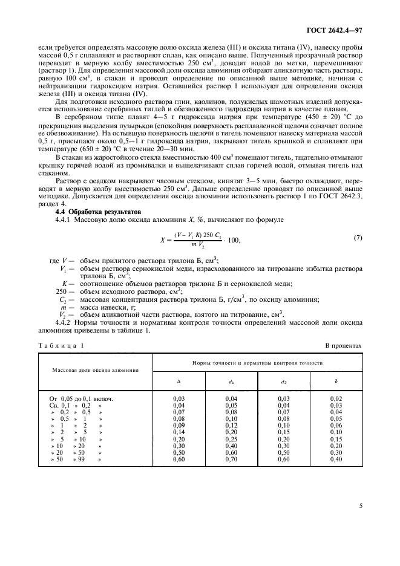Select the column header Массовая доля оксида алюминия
click(x=96, y=368)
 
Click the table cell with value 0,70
click(x=231, y=460)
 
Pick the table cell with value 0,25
click(x=231, y=438)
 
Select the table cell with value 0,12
click(x=231, y=425)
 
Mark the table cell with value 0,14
click(x=179, y=432)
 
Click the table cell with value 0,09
click(x=179, y=425)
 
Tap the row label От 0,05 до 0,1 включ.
click(x=82, y=399)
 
